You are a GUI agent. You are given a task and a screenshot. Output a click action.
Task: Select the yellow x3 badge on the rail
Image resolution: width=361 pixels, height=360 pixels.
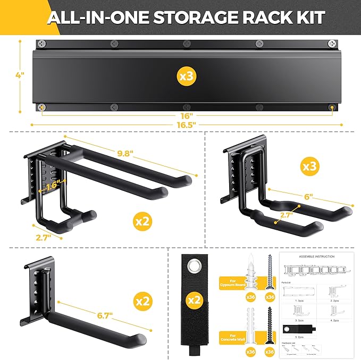click(186, 77)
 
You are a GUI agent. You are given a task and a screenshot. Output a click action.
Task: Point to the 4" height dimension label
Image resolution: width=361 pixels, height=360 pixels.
click(20, 76)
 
